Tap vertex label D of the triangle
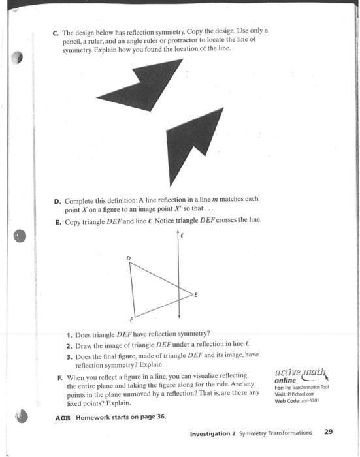point(128,259)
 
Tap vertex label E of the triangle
point(195,295)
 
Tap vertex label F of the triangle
point(129,320)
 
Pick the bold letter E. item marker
point(56,220)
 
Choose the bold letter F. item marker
point(56,376)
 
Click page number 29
point(328,432)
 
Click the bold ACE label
point(63,417)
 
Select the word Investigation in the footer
point(211,432)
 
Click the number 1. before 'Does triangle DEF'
point(69,332)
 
